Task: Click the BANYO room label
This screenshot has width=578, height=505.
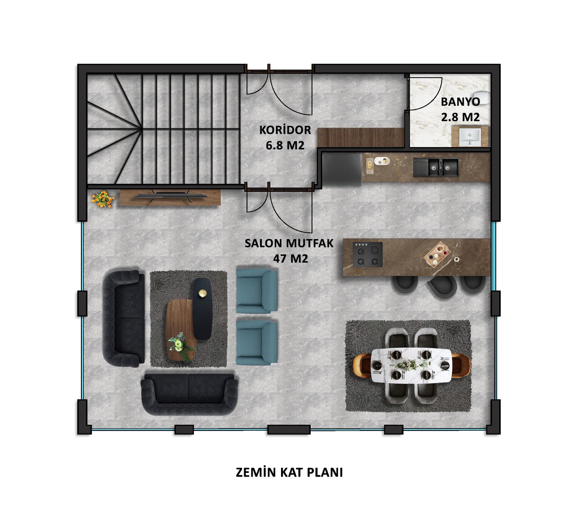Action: (460, 102)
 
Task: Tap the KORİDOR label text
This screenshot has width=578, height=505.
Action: (285, 130)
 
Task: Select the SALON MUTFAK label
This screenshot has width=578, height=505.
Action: (289, 243)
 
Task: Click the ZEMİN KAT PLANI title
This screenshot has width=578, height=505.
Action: (289, 473)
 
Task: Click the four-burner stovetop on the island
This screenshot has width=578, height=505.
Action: (368, 254)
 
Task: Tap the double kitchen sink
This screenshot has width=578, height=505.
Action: (436, 167)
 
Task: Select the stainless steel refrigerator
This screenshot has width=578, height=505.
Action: (342, 169)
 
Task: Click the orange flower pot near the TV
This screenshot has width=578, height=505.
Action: (103, 199)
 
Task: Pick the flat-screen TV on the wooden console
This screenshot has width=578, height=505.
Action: (170, 196)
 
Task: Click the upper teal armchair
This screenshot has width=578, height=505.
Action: (257, 290)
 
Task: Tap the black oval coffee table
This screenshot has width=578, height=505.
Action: (202, 309)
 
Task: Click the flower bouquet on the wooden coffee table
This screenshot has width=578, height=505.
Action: (179, 346)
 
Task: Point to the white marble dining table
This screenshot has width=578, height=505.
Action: (411, 365)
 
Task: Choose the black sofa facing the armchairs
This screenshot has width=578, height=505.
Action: (124, 318)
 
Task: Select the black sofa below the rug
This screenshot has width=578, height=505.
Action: (189, 394)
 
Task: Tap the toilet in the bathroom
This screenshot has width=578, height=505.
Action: (485, 97)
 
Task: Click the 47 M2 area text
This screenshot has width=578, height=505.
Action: (291, 259)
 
